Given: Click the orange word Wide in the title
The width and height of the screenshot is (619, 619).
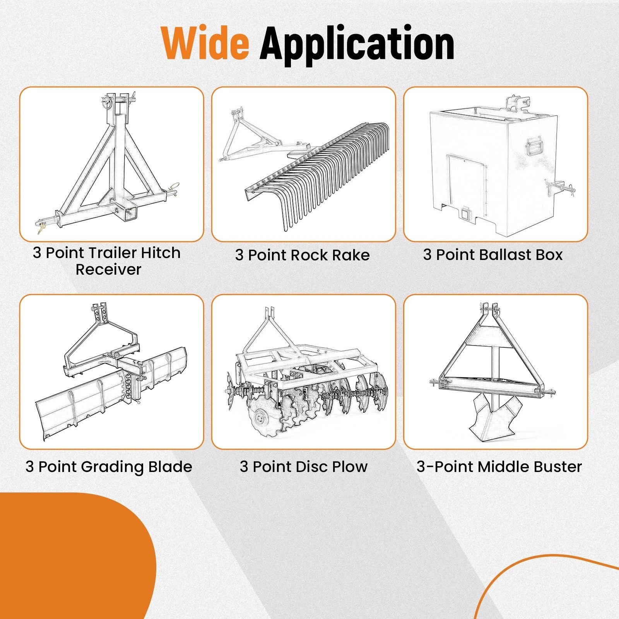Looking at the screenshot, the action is (205, 43).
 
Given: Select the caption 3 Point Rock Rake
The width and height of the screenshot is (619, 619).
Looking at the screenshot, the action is (303, 255).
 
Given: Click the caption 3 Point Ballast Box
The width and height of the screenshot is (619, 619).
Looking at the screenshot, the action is (493, 255).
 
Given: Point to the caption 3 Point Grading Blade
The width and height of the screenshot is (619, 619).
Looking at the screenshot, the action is (109, 467).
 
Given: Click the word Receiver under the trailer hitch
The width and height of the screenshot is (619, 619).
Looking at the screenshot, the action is (108, 269).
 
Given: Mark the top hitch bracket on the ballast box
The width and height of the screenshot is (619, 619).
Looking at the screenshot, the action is (516, 103).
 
